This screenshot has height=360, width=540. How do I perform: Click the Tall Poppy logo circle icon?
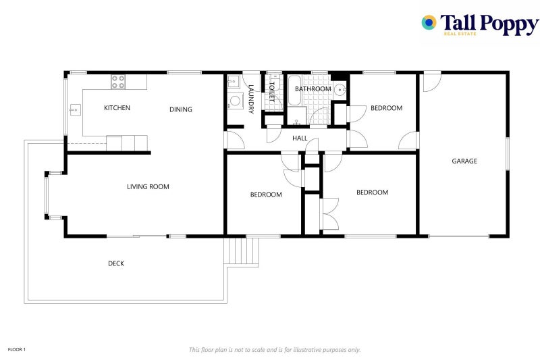(429, 23)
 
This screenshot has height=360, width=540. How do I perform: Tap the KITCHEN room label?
(117, 108)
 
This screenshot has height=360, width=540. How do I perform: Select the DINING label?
(180, 109)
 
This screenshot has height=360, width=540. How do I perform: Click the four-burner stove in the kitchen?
(118, 82)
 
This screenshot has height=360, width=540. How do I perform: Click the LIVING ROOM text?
(148, 187)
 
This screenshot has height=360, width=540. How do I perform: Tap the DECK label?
(116, 263)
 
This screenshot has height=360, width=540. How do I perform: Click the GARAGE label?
(464, 161)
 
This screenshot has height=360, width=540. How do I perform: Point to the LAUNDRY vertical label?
(251, 99)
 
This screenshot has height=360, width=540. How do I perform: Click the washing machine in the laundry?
(235, 102)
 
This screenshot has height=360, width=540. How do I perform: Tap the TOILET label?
(273, 92)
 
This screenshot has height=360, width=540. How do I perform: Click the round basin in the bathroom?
(340, 91)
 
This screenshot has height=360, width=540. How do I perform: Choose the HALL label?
(300, 138)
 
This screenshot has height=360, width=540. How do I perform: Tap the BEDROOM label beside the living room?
(266, 195)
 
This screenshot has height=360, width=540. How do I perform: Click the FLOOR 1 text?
(16, 350)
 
